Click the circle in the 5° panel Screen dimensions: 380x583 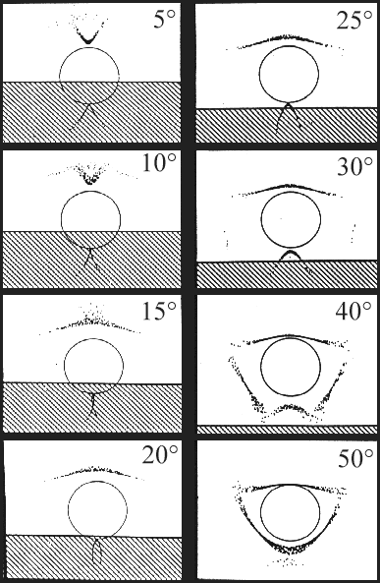(x=89, y=75)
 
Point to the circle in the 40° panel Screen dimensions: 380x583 (x=289, y=369)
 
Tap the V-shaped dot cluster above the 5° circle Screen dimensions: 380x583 (x=88, y=35)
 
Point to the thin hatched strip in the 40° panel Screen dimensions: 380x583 (x=289, y=430)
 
